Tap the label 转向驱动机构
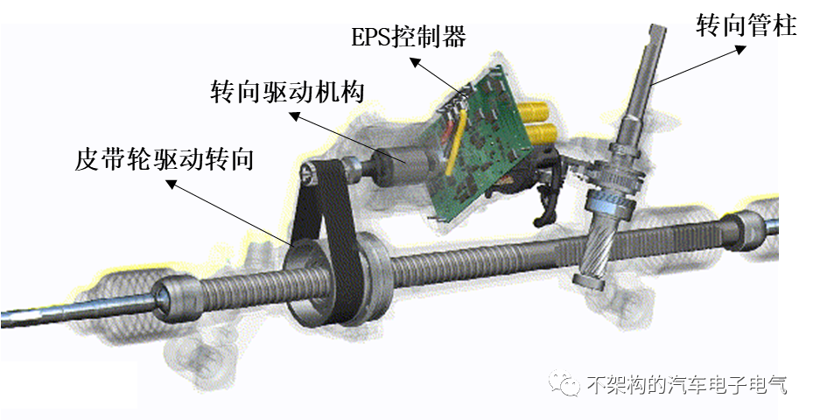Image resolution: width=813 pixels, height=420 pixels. pyautogui.click(x=287, y=93)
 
